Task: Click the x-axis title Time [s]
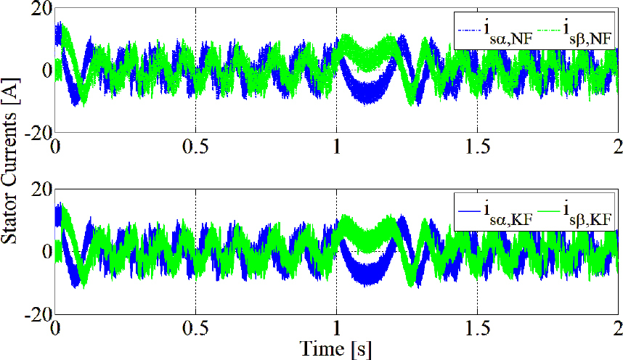337,349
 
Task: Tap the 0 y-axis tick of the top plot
45,70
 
